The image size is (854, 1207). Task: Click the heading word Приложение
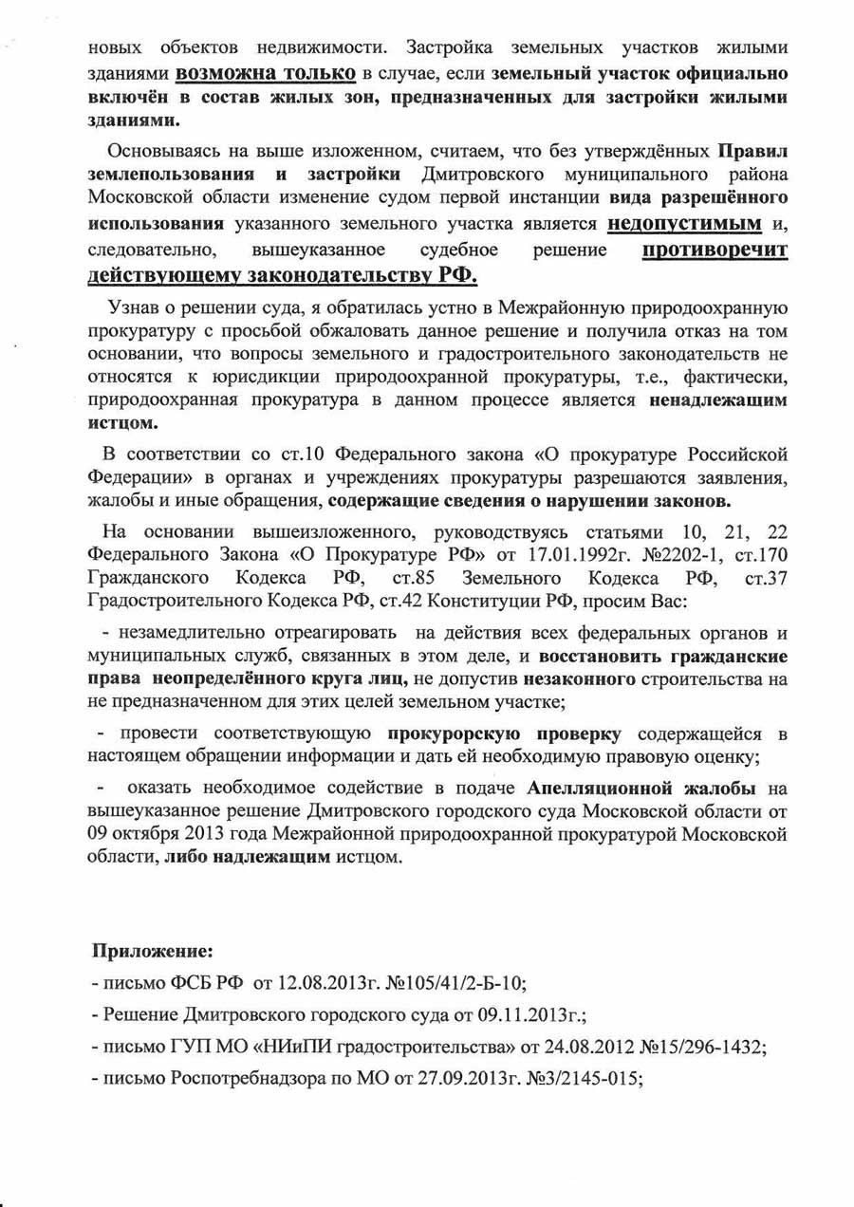point(152,950)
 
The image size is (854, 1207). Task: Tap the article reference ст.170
point(756,554)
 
